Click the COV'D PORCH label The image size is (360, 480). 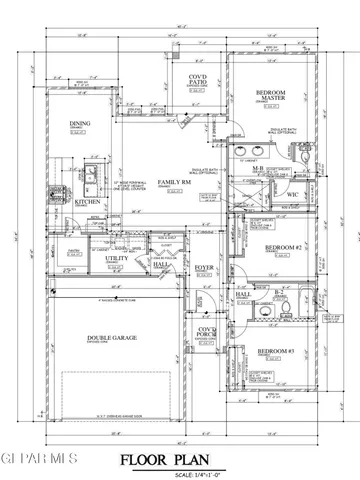coord(207,332)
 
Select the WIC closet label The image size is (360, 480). coord(293,194)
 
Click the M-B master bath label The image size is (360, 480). coord(257,169)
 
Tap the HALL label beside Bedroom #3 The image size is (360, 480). coord(243,295)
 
